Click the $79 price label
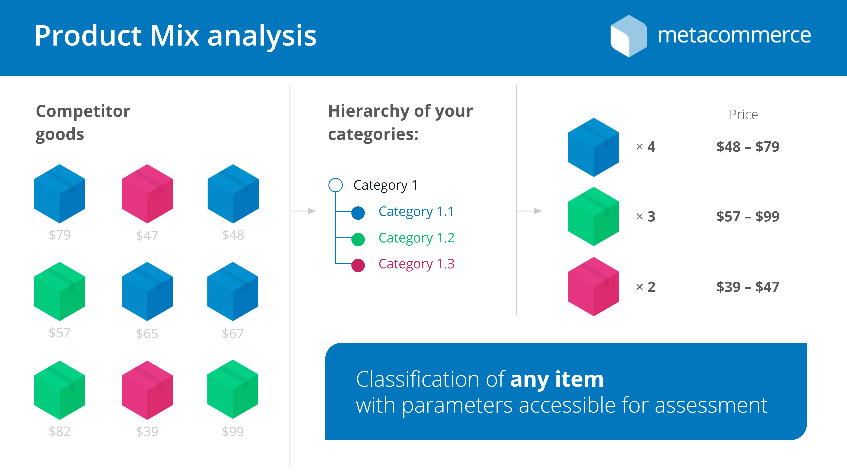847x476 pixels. pyautogui.click(x=60, y=235)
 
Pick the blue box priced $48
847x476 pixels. pyautogui.click(x=233, y=194)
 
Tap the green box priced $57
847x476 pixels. pyautogui.click(x=60, y=291)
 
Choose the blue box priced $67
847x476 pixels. pyautogui.click(x=233, y=291)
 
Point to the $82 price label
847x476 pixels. pyautogui.click(x=60, y=431)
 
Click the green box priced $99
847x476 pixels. pyautogui.click(x=233, y=389)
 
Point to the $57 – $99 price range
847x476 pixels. pyautogui.click(x=748, y=216)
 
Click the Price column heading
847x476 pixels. pyautogui.click(x=743, y=115)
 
